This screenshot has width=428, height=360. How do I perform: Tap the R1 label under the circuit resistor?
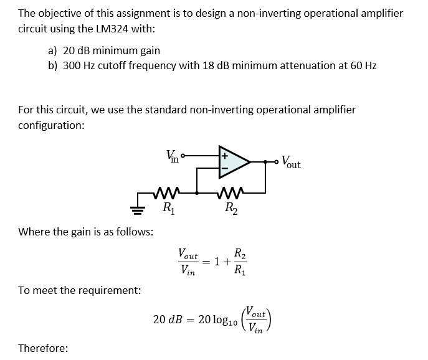(167, 207)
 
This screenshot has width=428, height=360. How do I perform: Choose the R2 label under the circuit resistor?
(229, 207)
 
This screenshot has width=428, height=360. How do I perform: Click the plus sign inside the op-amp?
(224, 152)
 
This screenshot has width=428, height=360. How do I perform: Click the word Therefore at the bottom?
(44, 348)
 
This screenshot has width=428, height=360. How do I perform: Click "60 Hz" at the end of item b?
(361, 65)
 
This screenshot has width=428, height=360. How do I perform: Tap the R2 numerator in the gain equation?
(239, 253)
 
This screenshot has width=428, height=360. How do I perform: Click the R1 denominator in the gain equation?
(239, 270)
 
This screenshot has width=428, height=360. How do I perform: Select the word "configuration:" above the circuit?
(52, 125)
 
